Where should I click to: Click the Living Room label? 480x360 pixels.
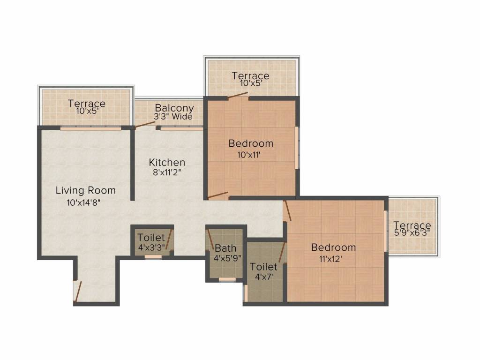pyautogui.click(x=85, y=191)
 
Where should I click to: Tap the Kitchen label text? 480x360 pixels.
pyautogui.click(x=167, y=163)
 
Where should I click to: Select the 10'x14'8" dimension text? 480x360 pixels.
pyautogui.click(x=84, y=203)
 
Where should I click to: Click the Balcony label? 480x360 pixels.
pyautogui.click(x=174, y=108)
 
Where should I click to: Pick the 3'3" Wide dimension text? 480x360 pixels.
pyautogui.click(x=173, y=117)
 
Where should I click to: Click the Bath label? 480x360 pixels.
pyautogui.click(x=225, y=248)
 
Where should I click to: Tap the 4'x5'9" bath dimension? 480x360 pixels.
pyautogui.click(x=227, y=258)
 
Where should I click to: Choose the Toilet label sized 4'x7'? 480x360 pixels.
pyautogui.click(x=263, y=267)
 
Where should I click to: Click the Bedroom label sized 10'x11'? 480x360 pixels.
pyautogui.click(x=250, y=143)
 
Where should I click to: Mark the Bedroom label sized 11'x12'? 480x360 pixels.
pyautogui.click(x=333, y=247)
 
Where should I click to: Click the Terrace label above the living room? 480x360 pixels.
pyautogui.click(x=87, y=104)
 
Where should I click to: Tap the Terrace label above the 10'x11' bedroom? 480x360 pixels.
pyautogui.click(x=250, y=76)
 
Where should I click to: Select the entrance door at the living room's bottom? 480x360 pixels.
pyautogui.click(x=78, y=290)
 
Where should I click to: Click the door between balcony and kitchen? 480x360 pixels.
pyautogui.click(x=145, y=124)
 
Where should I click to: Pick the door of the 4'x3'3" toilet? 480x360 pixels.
pyautogui.click(x=169, y=240)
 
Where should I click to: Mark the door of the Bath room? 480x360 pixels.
pyautogui.click(x=211, y=240)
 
